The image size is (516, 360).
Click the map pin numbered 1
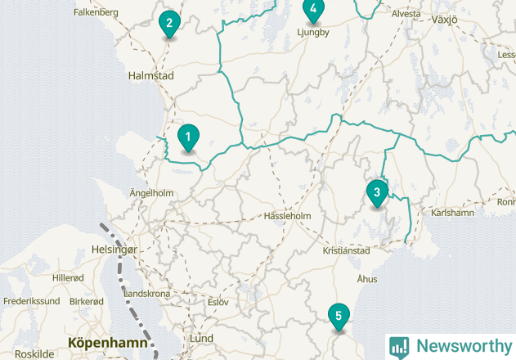pyautogui.click(x=188, y=137)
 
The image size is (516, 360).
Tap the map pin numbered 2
pyautogui.click(x=168, y=23)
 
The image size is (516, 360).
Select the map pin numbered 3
pyautogui.click(x=376, y=193)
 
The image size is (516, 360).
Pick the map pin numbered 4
pyautogui.click(x=313, y=9)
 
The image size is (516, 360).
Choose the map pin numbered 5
pyautogui.click(x=338, y=316)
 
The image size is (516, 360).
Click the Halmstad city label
pyautogui.click(x=151, y=75)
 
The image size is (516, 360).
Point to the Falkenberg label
pyautogui.click(x=96, y=12)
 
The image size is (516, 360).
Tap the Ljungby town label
pyautogui.click(x=312, y=33)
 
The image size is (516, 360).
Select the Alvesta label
pyautogui.click(x=406, y=14)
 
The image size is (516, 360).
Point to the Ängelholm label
pyautogui.click(x=152, y=193)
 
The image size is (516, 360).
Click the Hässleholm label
pyautogui.click(x=288, y=216)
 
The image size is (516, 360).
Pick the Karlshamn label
pyautogui.click(x=452, y=213)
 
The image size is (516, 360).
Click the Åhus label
pyautogui.click(x=367, y=279)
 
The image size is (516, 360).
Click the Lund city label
pyautogui.click(x=201, y=338)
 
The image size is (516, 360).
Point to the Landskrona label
pyautogui.click(x=147, y=294)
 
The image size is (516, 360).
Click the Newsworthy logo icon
pyautogui.click(x=399, y=347)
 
